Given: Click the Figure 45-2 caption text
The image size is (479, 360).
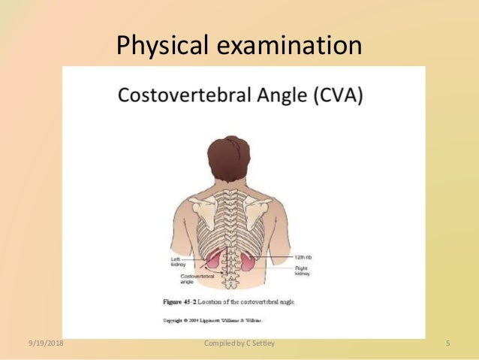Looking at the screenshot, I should [x=229, y=301].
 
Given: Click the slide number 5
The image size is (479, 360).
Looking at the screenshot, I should [x=447, y=344].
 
